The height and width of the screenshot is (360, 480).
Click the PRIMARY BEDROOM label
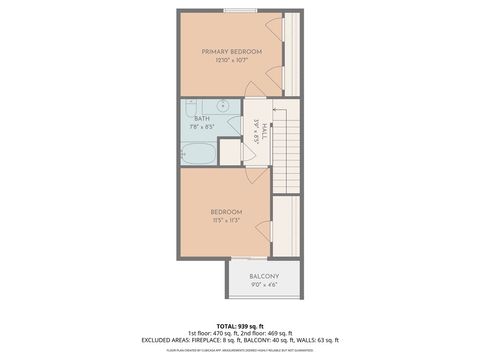point(231,51)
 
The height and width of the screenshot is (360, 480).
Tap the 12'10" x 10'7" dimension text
point(231,61)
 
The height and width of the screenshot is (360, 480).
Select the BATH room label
point(202,118)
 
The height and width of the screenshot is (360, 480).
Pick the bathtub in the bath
point(199,152)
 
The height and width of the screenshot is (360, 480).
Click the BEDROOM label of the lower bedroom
point(226,211)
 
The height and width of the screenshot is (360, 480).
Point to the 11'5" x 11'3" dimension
point(226,221)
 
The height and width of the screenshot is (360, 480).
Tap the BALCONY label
point(264,275)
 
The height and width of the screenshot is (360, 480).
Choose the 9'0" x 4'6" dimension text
point(264,285)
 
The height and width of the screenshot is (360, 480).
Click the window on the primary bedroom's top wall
point(238,11)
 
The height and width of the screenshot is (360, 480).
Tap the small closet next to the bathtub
point(231,153)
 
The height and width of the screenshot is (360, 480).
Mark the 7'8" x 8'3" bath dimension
point(202,127)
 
